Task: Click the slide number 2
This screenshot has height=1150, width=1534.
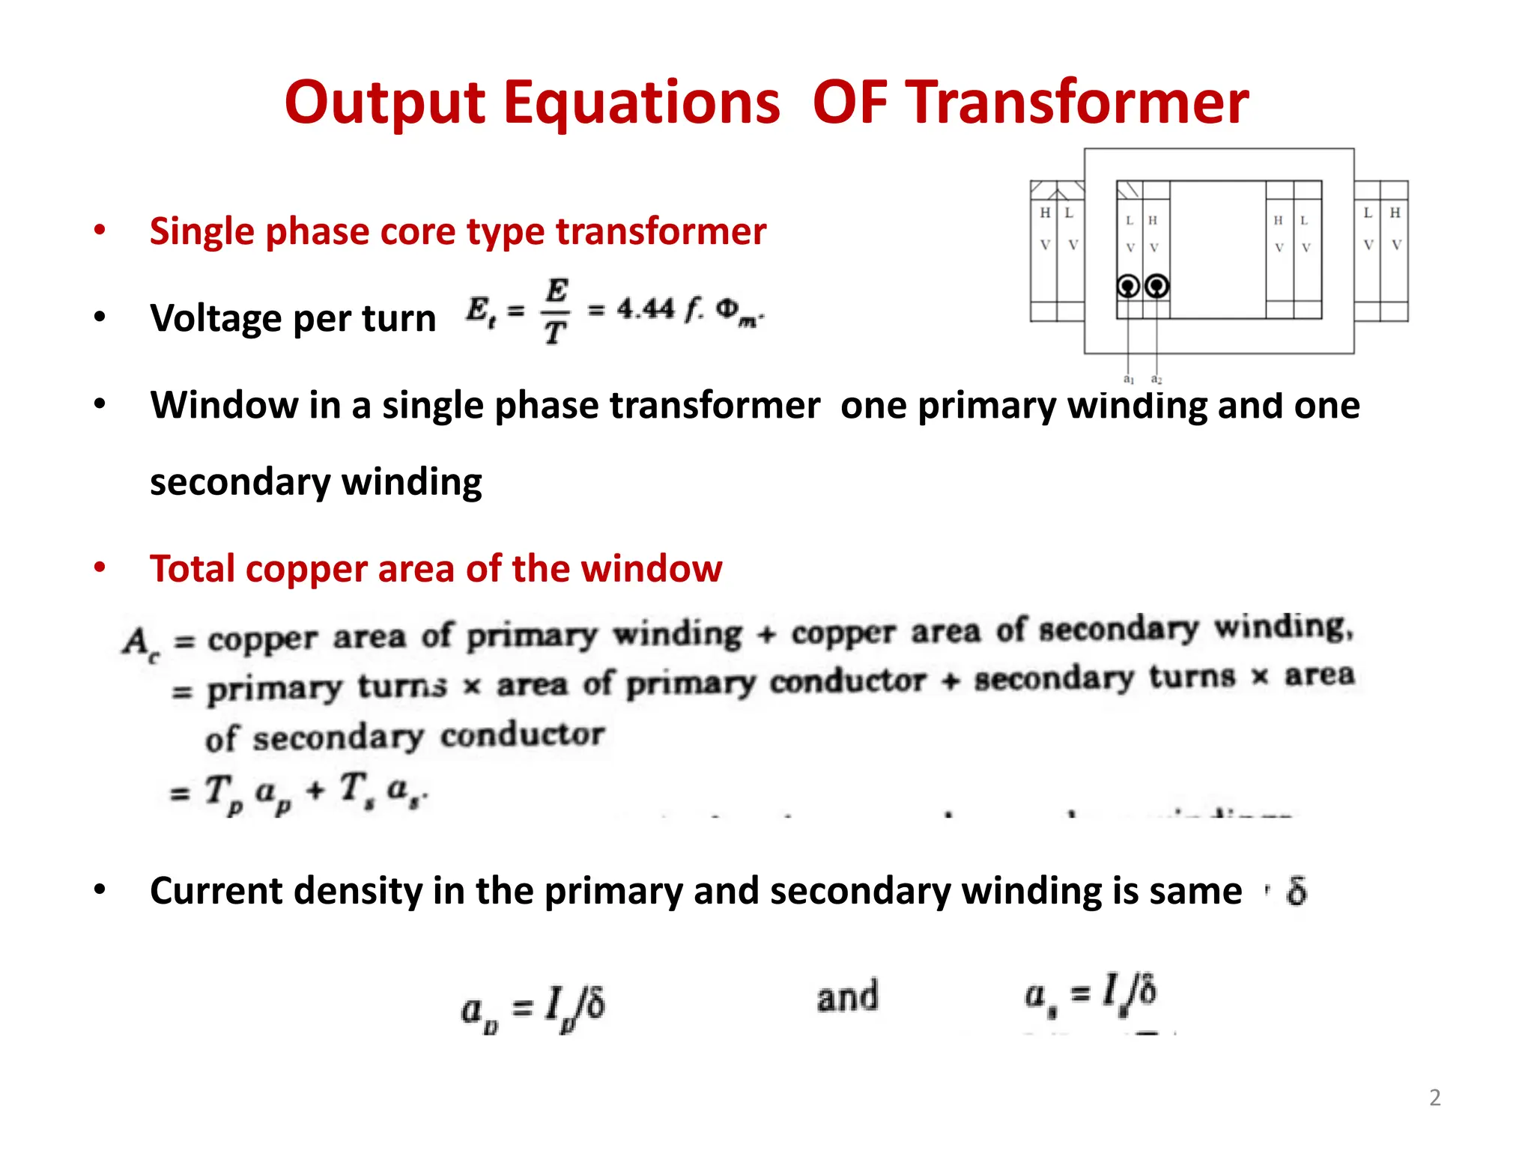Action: (1434, 1098)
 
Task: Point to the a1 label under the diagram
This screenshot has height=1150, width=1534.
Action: (1129, 380)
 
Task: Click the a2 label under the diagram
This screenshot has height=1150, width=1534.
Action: (1156, 380)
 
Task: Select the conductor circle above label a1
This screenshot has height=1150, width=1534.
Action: (1128, 286)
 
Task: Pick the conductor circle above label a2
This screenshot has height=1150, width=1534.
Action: (1157, 286)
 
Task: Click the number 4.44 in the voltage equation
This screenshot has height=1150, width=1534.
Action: (645, 308)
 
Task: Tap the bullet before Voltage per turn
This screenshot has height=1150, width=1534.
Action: (100, 317)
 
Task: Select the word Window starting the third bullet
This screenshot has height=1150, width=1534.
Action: (224, 405)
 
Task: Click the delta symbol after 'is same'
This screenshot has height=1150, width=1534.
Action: (1297, 891)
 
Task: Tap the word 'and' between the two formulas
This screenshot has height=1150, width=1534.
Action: (847, 997)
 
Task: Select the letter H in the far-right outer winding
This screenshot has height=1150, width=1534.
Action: (1395, 213)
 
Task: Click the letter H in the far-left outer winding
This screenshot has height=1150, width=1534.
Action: (1044, 213)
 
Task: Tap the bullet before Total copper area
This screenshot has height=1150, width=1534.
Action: (100, 568)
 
